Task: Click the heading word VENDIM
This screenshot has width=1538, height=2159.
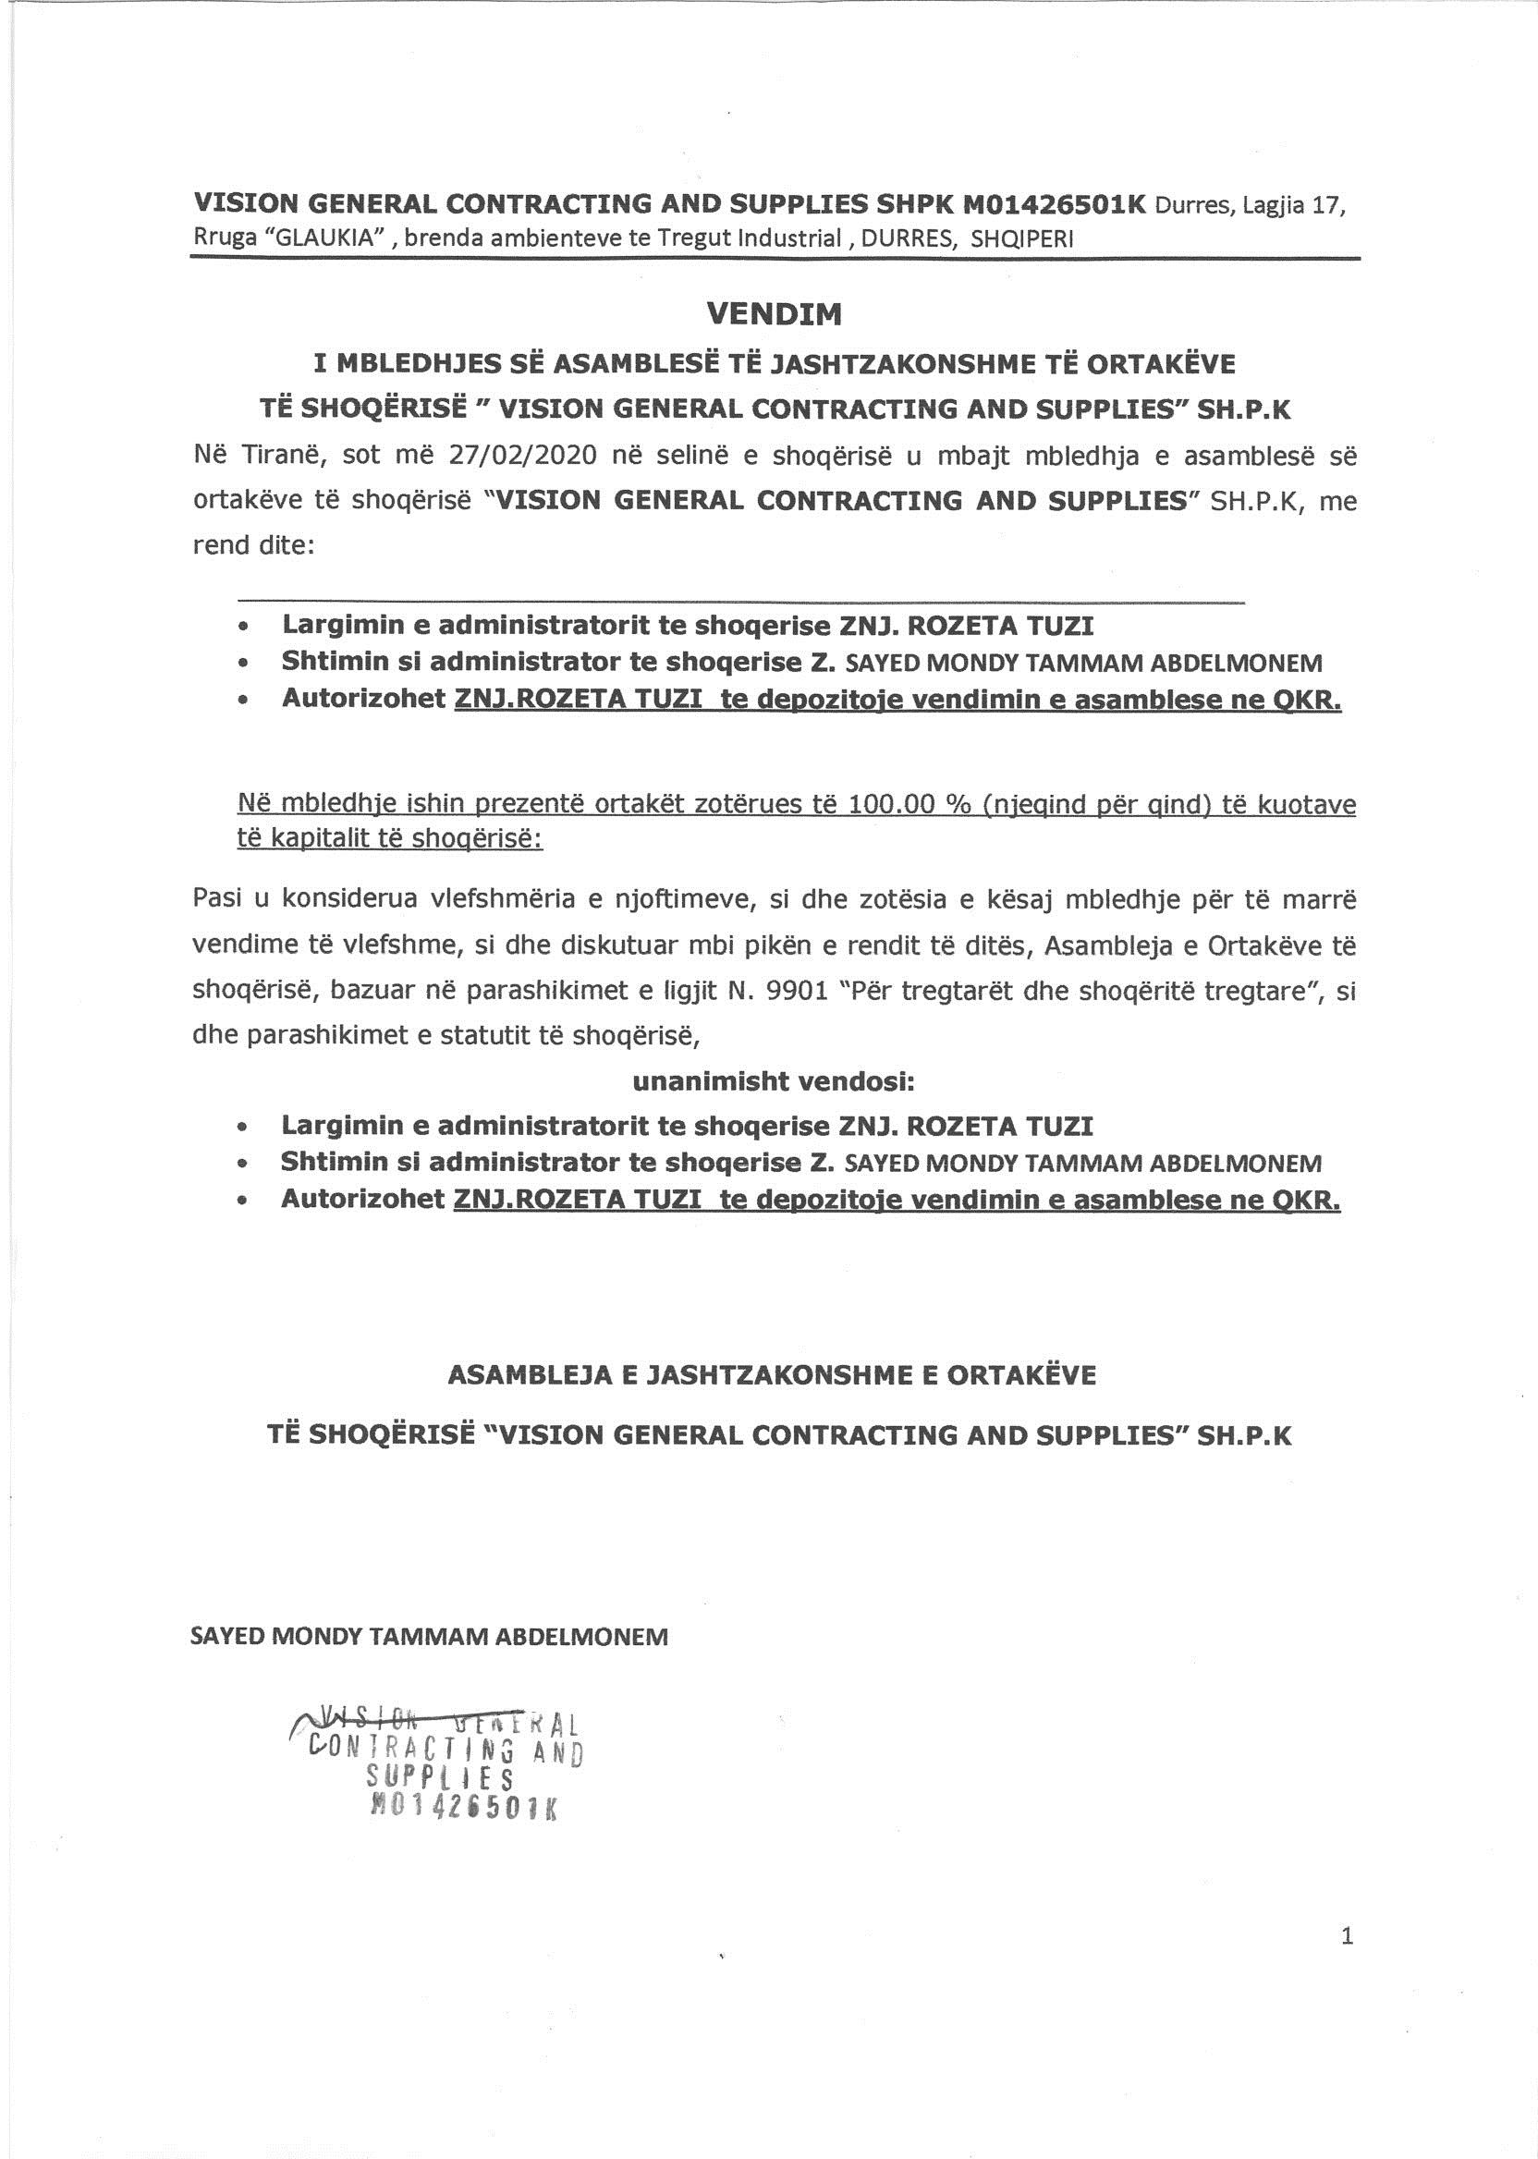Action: [774, 314]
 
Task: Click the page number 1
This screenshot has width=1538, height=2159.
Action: [1347, 1910]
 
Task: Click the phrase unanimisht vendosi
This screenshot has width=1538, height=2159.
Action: [774, 1080]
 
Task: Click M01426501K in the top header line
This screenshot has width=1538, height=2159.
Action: [1053, 203]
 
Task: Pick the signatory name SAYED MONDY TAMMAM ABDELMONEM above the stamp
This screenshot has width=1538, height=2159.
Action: [429, 1636]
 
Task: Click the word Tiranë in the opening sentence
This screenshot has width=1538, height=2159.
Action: [275, 456]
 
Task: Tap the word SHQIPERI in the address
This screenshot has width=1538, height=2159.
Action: [1023, 238]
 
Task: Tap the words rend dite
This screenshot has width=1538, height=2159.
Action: [253, 546]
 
